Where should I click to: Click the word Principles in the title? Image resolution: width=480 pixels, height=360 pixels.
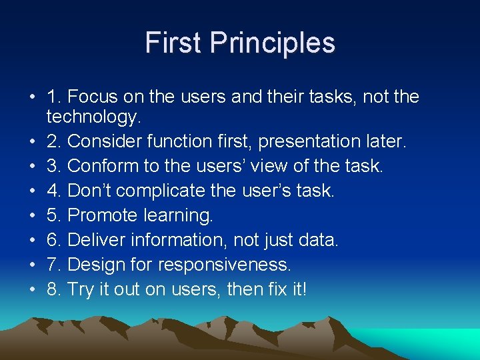[x=272, y=43]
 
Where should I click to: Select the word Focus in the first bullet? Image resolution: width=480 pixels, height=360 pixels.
[x=92, y=97]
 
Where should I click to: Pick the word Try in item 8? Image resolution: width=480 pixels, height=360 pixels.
[x=82, y=289]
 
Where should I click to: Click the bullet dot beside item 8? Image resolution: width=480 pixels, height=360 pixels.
[x=31, y=290]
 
